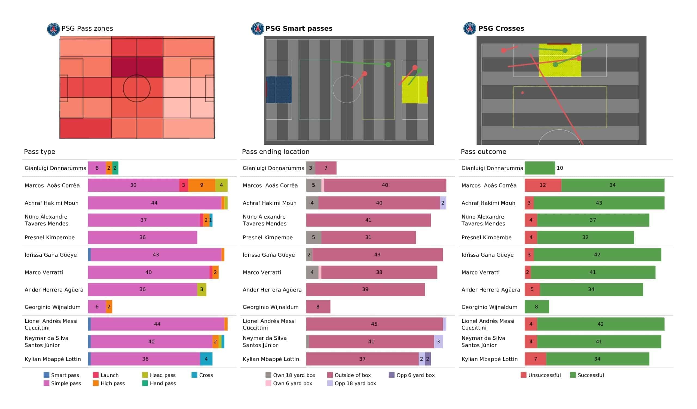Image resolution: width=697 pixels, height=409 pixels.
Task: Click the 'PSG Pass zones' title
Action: [x=87, y=29]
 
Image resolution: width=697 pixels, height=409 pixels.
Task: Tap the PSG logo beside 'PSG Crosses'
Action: [x=469, y=29]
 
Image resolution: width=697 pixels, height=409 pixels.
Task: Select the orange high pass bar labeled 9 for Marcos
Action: [x=201, y=185]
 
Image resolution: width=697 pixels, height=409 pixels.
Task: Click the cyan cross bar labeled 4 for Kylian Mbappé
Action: [x=206, y=359]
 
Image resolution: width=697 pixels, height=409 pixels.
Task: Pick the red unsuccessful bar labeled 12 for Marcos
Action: [x=543, y=185]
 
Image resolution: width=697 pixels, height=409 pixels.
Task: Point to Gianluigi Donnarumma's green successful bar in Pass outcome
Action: [x=540, y=168]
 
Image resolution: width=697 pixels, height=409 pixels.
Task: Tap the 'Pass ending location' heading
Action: [x=276, y=152]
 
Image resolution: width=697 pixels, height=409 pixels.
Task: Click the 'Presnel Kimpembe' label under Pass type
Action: [x=50, y=237]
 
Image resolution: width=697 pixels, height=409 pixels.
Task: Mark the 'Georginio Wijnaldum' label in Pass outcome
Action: [x=489, y=307]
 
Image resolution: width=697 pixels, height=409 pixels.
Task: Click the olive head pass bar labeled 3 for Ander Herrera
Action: [x=202, y=289]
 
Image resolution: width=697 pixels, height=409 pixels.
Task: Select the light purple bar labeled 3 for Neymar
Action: [x=438, y=342]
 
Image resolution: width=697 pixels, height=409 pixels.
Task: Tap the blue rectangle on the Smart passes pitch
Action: [x=279, y=89]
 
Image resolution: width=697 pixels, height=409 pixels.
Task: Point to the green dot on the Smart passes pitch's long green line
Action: [x=388, y=65]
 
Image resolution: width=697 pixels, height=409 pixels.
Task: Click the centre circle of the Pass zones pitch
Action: [x=137, y=88]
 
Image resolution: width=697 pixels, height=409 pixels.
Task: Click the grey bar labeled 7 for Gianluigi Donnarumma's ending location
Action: [x=326, y=168]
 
